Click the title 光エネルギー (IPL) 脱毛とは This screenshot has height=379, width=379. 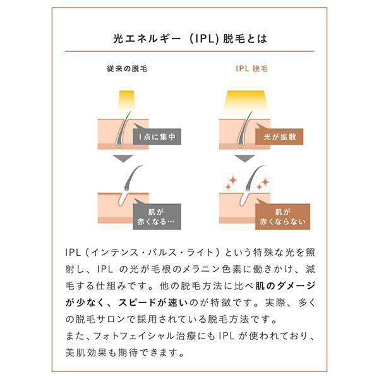point(190,39)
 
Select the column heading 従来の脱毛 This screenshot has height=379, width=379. point(127,69)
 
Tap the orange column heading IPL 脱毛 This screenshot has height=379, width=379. point(252,69)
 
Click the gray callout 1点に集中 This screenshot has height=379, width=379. point(157,136)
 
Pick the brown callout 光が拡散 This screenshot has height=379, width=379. point(279,136)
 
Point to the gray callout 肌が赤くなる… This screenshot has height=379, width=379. point(157,217)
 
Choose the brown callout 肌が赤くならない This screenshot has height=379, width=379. point(282,217)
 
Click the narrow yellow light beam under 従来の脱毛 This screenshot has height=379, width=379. point(126,101)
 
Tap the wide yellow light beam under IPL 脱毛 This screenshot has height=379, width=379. point(246,101)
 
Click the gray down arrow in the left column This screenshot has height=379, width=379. point(123,158)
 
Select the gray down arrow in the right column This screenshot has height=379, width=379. point(244,158)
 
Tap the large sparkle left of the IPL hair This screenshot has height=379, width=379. point(233,180)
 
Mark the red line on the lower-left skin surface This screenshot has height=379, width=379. point(123,194)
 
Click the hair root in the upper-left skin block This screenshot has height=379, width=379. point(119,144)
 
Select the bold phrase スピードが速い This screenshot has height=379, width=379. point(153,303)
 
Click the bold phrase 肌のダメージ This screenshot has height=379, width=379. point(286,286)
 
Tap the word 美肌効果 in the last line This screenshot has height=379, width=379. point(86,352)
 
